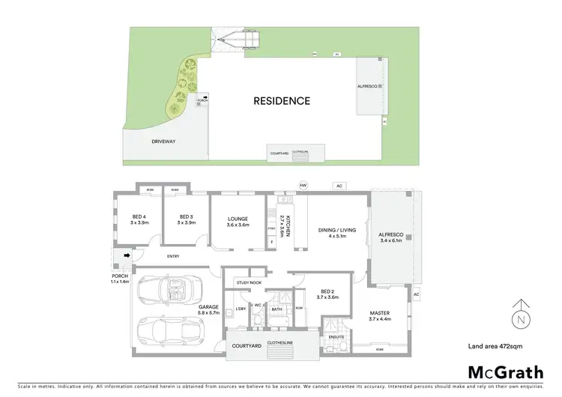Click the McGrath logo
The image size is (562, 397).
(x=507, y=372)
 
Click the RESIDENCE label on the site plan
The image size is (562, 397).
(x=281, y=100)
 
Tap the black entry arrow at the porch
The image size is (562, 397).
(x=127, y=256)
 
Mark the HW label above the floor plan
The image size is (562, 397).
(x=303, y=185)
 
